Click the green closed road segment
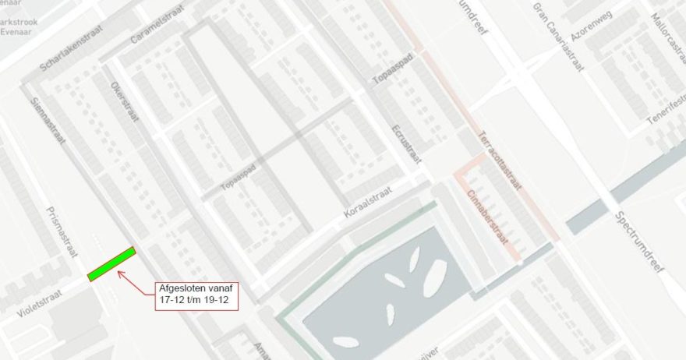pos(111,263)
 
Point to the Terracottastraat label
pos(498,160)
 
